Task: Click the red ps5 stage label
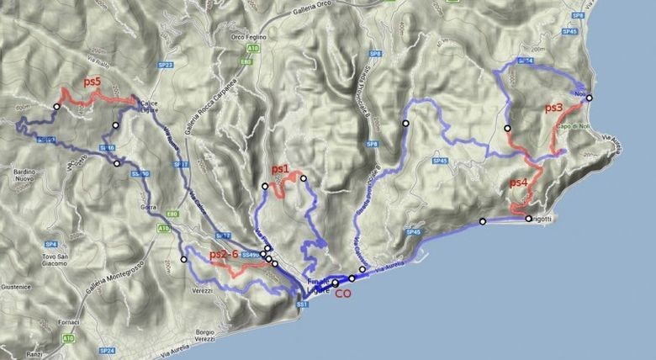click(92, 82)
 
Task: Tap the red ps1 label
click(281, 168)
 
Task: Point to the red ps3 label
click(553, 108)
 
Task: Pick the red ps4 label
click(519, 183)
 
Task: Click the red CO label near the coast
click(342, 294)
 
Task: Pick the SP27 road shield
click(165, 65)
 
